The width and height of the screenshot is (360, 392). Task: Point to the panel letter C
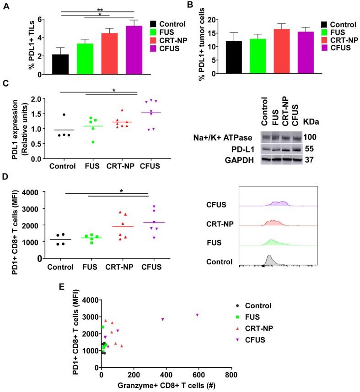point(5,83)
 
